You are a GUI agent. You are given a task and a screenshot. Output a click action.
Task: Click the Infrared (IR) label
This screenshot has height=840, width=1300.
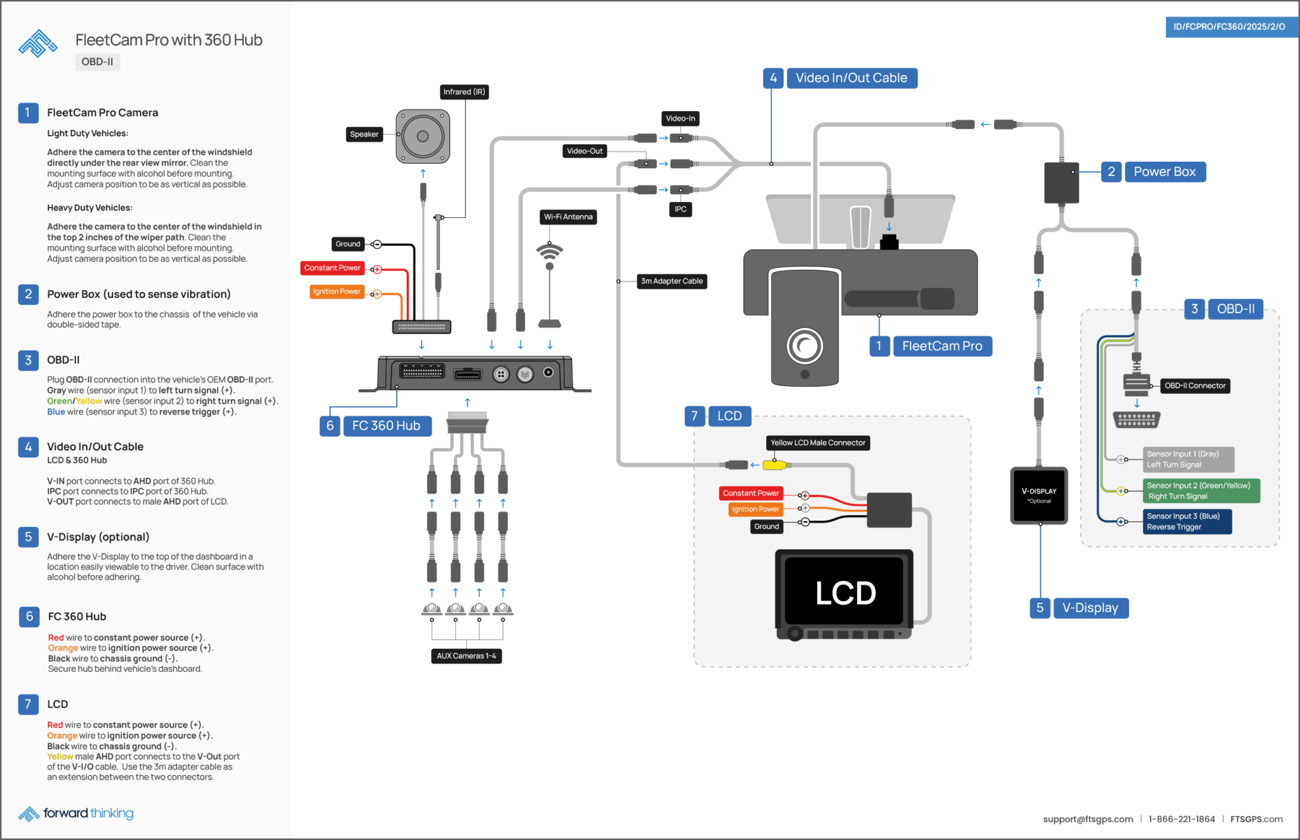pyautogui.click(x=464, y=92)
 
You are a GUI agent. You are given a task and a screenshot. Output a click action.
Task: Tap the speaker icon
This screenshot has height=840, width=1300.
pyautogui.click(x=423, y=136)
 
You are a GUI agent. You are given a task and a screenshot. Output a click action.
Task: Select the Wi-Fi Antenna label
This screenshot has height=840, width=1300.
pyautogui.click(x=568, y=217)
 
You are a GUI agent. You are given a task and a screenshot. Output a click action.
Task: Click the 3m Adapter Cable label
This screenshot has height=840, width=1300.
pyautogui.click(x=672, y=281)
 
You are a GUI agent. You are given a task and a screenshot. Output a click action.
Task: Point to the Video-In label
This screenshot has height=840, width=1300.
pyautogui.click(x=680, y=119)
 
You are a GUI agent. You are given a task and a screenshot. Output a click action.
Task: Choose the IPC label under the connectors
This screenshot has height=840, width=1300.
pyautogui.click(x=680, y=210)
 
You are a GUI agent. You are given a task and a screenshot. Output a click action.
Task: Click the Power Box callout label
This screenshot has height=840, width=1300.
pyautogui.click(x=1164, y=172)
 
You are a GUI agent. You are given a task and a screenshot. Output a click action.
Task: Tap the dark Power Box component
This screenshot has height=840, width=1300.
pyautogui.click(x=1061, y=182)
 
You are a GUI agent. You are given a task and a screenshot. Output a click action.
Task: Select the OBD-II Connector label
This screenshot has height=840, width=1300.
pyautogui.click(x=1195, y=386)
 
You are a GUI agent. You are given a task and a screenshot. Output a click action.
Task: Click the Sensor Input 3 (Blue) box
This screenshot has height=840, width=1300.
pyautogui.click(x=1187, y=522)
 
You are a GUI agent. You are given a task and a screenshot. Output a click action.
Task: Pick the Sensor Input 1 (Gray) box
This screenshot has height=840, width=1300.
pyautogui.click(x=1188, y=460)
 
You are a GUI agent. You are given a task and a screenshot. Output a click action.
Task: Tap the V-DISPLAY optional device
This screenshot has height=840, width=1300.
pyautogui.click(x=1039, y=495)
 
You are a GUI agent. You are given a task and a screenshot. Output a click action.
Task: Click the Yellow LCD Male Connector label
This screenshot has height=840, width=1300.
pyautogui.click(x=818, y=443)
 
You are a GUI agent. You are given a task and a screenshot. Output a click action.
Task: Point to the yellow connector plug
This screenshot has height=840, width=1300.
pyautogui.click(x=774, y=465)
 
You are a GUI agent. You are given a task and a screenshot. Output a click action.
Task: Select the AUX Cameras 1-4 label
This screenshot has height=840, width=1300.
pyautogui.click(x=466, y=657)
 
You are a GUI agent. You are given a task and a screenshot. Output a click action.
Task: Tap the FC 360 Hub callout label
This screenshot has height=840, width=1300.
pyautogui.click(x=386, y=426)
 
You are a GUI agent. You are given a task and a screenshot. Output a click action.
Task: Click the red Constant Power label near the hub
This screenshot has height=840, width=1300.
pyautogui.click(x=332, y=268)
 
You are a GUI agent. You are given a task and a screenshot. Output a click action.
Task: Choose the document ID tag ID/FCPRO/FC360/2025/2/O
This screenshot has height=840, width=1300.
pyautogui.click(x=1229, y=27)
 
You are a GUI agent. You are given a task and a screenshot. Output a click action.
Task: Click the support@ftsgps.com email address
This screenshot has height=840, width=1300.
pyautogui.click(x=1087, y=820)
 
